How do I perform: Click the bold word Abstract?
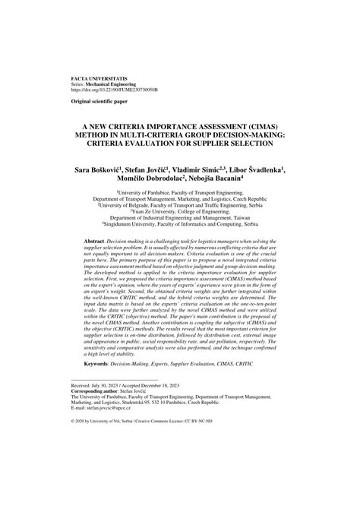click(x=96, y=239)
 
